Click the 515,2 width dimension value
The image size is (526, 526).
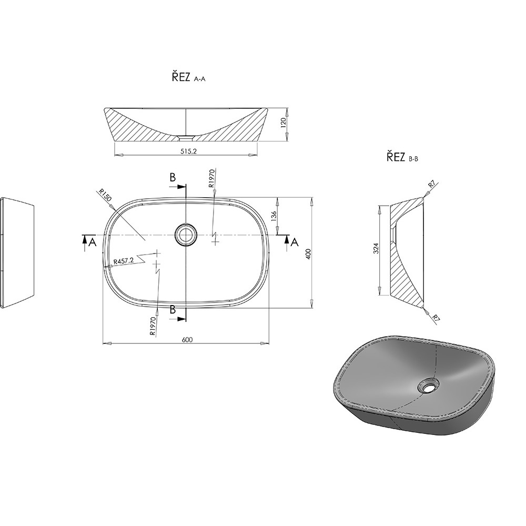coord(188,151)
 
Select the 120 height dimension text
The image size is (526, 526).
coord(283,123)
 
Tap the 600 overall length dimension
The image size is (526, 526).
coord(187,339)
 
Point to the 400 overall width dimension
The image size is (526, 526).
coord(309,254)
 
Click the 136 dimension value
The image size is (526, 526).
coord(274,216)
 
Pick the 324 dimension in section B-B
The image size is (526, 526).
coord(376,248)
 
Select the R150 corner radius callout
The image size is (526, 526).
coord(105,195)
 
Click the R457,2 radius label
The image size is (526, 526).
coord(124,261)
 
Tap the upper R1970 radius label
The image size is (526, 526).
coord(211,178)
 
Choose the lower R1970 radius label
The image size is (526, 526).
coord(153,327)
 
